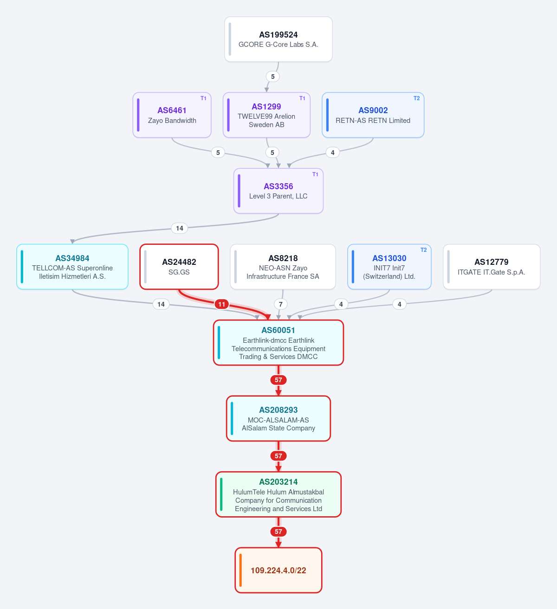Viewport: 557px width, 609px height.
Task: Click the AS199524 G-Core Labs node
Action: tap(278, 39)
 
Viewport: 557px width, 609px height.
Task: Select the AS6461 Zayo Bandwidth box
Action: tap(172, 115)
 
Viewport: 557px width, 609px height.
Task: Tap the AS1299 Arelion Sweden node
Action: tap(266, 115)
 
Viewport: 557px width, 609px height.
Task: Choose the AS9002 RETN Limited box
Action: tap(373, 115)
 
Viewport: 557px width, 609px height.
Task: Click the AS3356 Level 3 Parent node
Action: tap(278, 191)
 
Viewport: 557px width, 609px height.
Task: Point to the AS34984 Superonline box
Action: tap(72, 267)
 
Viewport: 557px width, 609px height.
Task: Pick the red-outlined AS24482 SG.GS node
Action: tap(179, 267)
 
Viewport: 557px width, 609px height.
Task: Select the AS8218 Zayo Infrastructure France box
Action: tap(283, 267)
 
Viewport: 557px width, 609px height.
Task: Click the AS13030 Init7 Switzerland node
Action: tap(389, 267)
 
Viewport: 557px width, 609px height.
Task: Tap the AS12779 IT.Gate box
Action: tap(492, 267)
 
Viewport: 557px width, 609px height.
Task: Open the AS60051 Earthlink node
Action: tap(278, 343)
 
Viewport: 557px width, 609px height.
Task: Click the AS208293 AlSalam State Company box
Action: tap(278, 419)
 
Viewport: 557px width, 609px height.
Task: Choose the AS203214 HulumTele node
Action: tap(278, 494)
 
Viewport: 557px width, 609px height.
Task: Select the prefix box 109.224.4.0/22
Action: tap(278, 571)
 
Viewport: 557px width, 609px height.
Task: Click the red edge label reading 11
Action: tap(222, 304)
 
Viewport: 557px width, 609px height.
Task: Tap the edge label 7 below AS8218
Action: tap(281, 304)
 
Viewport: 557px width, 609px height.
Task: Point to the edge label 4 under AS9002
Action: tap(333, 153)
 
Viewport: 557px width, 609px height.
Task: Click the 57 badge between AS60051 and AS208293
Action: tap(278, 380)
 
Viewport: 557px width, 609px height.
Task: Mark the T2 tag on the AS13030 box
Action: tap(424, 250)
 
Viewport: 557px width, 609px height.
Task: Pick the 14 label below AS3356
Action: tap(180, 228)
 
